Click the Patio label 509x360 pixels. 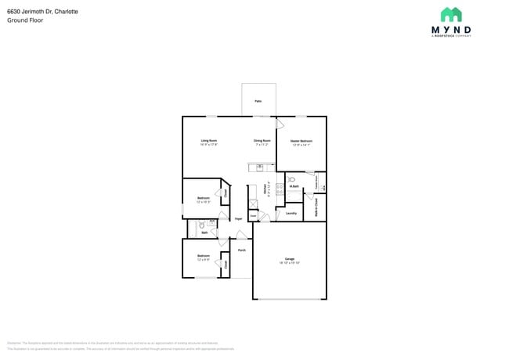[x=258, y=102]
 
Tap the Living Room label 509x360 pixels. [x=208, y=141]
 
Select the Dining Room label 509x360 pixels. [x=261, y=141]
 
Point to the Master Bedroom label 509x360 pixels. [x=301, y=141]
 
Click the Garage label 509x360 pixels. [x=289, y=259]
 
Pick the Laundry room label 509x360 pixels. [x=291, y=213]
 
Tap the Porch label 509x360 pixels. [x=241, y=250]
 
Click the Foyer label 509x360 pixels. [x=238, y=219]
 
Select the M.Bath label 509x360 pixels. [x=294, y=186]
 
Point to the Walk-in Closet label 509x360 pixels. [x=316, y=207]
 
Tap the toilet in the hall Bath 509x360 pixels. [x=201, y=225]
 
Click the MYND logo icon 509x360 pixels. [x=450, y=15]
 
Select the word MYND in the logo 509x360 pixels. [x=450, y=30]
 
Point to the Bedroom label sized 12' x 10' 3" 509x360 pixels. [x=203, y=198]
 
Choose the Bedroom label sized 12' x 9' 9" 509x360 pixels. [x=203, y=256]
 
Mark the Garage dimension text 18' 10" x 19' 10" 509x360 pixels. [x=289, y=263]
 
